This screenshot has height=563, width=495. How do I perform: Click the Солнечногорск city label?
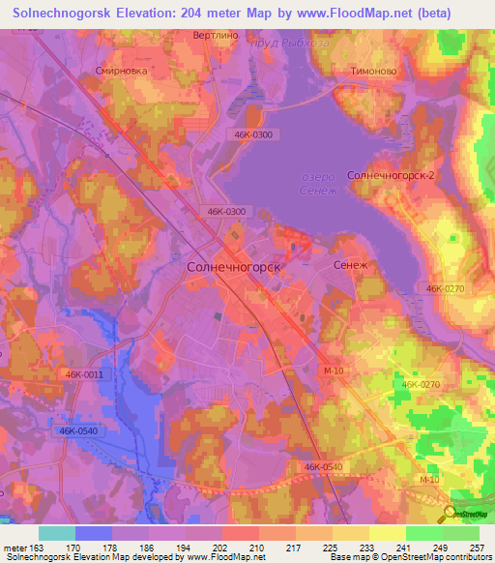[233, 265]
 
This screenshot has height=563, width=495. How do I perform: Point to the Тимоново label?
[371, 71]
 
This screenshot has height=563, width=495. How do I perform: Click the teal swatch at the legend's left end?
[57, 532]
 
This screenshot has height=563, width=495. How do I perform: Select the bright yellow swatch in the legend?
[388, 532]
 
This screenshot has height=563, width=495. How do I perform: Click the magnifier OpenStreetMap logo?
[450, 513]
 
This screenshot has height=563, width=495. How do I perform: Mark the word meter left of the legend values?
[15, 547]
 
